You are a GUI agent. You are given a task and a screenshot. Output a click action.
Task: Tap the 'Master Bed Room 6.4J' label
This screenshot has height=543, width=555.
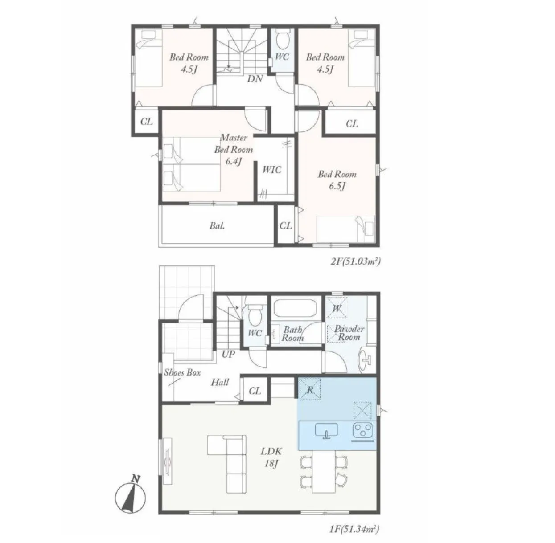click(234, 149)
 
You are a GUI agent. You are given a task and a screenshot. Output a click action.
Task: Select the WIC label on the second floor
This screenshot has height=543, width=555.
click(271, 170)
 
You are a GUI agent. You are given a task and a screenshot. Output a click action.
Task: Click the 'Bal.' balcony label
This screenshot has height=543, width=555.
click(217, 225)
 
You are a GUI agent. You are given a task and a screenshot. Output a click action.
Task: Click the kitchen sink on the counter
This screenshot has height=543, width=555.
click(326, 430)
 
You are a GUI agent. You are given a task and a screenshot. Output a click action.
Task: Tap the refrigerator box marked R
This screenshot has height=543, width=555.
click(310, 389)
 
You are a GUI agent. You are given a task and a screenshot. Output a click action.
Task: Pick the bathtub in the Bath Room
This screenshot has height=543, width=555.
click(295, 308)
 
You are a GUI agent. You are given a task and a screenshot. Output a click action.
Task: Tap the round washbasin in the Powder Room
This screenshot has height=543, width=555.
click(365, 359)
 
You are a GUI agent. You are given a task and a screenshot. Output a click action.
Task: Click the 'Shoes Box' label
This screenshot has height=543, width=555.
click(182, 372)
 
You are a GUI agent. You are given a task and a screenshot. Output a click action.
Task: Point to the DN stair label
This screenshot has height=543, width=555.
click(255, 78)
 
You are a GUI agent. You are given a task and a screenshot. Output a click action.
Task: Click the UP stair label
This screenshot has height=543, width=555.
click(228, 354)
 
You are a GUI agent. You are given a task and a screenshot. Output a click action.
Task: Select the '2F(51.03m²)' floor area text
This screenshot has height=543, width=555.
click(355, 261)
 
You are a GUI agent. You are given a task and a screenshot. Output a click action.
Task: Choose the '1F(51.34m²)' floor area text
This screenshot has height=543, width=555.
click(354, 529)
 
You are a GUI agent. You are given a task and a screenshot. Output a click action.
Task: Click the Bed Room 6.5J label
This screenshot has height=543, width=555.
click(337, 180)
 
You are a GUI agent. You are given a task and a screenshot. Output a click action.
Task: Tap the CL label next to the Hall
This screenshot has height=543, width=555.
click(255, 391)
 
